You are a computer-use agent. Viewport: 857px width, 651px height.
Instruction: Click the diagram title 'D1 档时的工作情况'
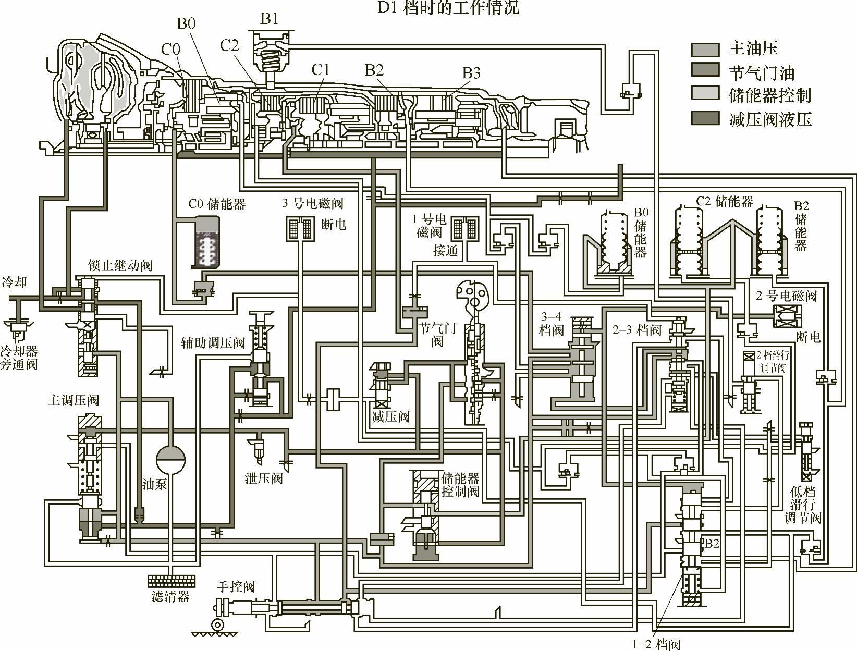(448, 7)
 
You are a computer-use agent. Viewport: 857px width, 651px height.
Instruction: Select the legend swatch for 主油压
(705, 50)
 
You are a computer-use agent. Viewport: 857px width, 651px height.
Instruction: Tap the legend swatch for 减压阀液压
(705, 119)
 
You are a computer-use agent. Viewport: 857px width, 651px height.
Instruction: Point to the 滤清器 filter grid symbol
(172, 580)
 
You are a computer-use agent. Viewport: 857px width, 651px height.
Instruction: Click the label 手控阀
(236, 586)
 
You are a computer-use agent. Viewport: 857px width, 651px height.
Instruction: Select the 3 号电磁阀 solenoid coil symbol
(299, 228)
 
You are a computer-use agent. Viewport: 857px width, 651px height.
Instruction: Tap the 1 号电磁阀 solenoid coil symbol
(464, 228)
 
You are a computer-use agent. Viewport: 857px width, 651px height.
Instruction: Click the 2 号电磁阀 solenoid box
(786, 316)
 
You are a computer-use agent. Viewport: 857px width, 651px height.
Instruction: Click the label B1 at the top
(269, 19)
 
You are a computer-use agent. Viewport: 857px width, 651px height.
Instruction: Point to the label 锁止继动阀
(120, 265)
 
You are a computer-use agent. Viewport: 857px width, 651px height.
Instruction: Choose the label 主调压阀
(74, 400)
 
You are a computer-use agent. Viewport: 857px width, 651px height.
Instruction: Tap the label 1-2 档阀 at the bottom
(656, 645)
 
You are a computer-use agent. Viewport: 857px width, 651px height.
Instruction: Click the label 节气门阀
(437, 334)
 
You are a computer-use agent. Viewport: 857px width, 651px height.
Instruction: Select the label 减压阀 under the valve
(390, 416)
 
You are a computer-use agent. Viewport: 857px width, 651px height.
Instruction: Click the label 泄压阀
(264, 478)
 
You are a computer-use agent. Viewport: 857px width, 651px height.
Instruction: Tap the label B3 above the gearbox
(471, 73)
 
